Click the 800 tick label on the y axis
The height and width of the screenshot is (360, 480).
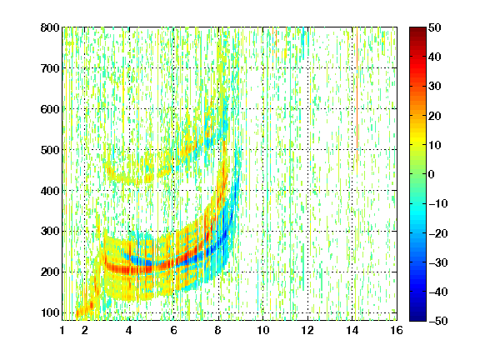click(x=50, y=27)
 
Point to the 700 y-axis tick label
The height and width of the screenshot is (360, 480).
click(x=50, y=68)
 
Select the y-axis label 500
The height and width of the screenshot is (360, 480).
click(x=50, y=150)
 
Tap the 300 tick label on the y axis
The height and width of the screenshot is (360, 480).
click(x=50, y=232)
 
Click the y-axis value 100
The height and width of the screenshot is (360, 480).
click(x=50, y=312)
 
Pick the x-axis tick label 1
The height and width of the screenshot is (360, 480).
click(x=62, y=330)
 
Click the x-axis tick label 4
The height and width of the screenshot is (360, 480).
click(x=129, y=330)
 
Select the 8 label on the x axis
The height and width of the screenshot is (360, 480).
click(x=218, y=330)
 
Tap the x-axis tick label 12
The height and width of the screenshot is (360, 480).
click(x=307, y=330)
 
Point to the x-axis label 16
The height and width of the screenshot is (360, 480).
click(x=397, y=330)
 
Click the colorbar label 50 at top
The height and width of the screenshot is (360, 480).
click(x=435, y=27)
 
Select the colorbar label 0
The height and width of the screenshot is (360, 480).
click(x=432, y=174)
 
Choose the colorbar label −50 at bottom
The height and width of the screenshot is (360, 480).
click(x=438, y=321)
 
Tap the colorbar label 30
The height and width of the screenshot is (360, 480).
click(x=435, y=87)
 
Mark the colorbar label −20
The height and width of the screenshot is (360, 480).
click(x=438, y=233)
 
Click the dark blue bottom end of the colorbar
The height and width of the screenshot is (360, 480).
click(x=417, y=318)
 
